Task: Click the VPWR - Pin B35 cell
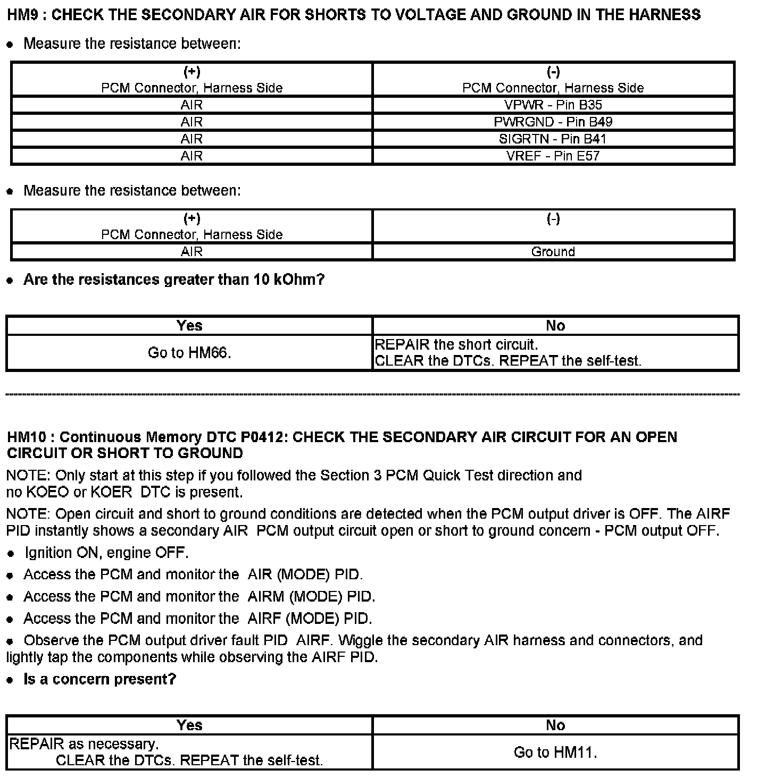pos(553,105)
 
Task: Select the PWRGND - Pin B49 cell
pos(553,122)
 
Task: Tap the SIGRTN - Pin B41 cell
pos(553,139)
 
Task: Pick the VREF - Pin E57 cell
pos(553,156)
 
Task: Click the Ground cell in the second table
pos(553,251)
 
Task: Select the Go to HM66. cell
pos(189,352)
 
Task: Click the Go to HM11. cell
pos(555,752)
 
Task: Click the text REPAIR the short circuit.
pos(456,344)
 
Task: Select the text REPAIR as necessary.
pos(84,743)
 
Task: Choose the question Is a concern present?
pos(99,679)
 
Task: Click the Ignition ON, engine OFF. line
pos(106,553)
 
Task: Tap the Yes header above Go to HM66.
pos(189,325)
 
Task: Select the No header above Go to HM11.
pos(555,725)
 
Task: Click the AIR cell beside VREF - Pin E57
pos(191,156)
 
